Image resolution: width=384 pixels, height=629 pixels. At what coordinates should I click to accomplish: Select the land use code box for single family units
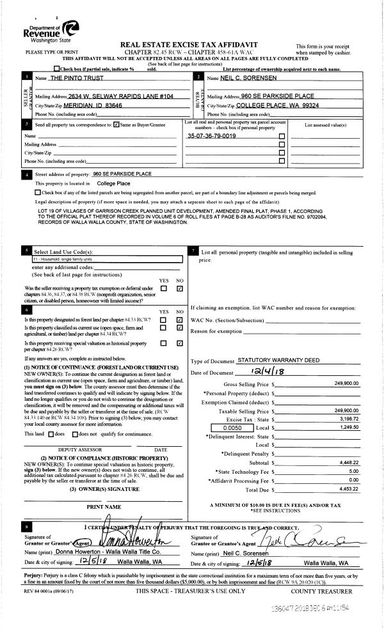pyautogui.click(x=106, y=260)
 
